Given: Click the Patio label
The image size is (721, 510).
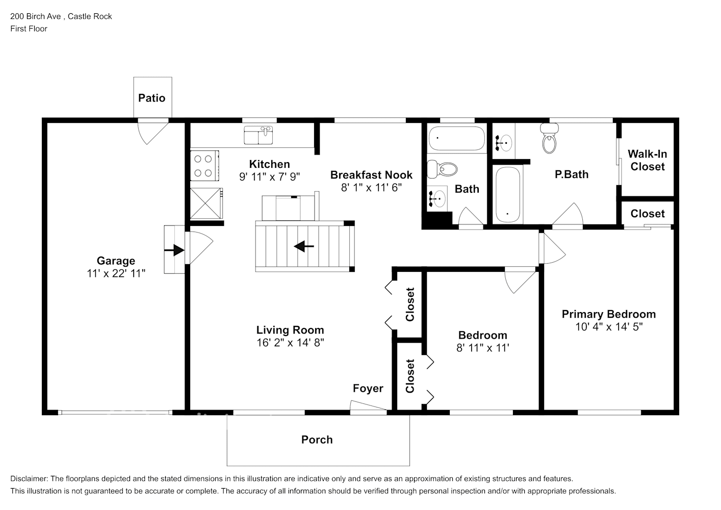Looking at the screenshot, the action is [x=151, y=98].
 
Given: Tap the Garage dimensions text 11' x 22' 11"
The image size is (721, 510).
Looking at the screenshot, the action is [x=116, y=274].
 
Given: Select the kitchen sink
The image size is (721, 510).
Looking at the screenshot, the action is [x=258, y=135].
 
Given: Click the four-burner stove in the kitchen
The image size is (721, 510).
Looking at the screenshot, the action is [x=204, y=165].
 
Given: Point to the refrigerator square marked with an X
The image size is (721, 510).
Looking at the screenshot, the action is [x=207, y=203].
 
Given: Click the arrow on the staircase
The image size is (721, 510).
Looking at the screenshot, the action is [x=304, y=247].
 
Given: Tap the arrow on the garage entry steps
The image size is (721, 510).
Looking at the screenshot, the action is [x=174, y=250].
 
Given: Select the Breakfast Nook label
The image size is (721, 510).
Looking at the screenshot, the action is [x=371, y=175].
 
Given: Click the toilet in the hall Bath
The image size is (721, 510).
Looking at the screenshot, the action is [x=442, y=169].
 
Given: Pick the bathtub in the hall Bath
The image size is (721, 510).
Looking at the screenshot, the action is [x=457, y=138].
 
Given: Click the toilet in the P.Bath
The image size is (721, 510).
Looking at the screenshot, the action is [x=549, y=138].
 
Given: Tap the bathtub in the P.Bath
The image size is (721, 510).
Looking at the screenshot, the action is [x=507, y=195].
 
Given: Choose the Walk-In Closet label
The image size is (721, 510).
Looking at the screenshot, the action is [x=647, y=160].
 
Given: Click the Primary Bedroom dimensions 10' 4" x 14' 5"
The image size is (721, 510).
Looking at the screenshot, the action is [x=609, y=327].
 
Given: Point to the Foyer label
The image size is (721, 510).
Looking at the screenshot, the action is [x=368, y=388].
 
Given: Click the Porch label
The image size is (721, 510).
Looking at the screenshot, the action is [x=317, y=440].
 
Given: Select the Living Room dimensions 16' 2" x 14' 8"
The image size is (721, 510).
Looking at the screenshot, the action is [x=290, y=343].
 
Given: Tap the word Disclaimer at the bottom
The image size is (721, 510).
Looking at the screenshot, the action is [x=29, y=479].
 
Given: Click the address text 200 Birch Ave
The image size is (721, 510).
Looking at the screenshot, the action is [x=35, y=16].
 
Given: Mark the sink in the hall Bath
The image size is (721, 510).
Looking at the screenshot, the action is [x=437, y=199].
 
